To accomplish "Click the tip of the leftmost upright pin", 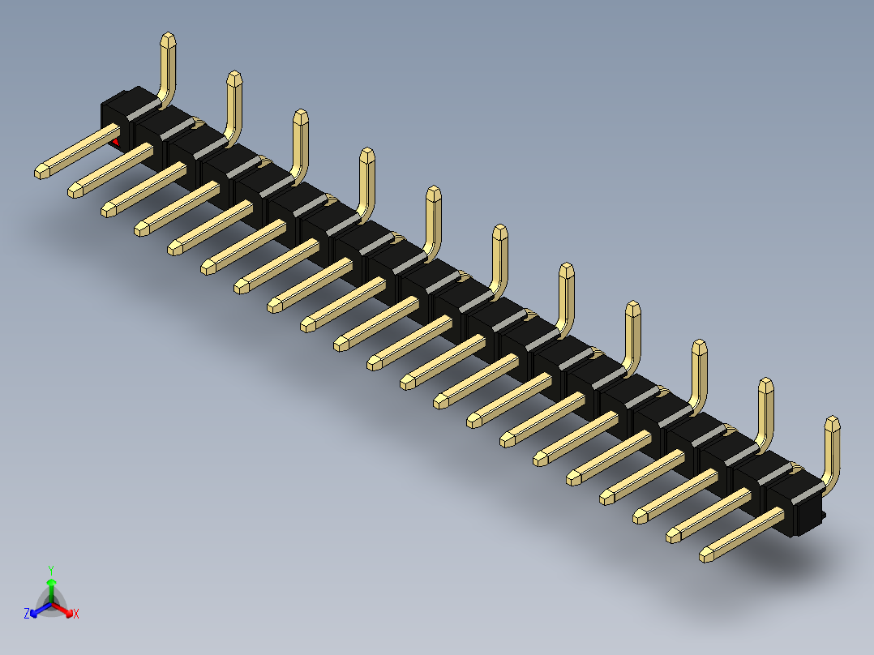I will click(x=168, y=39).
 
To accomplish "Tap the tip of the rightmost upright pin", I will click(x=832, y=422).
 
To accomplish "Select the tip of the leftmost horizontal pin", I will click(x=41, y=172).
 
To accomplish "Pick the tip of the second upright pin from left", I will click(x=234, y=78).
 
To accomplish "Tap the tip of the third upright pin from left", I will click(x=301, y=116).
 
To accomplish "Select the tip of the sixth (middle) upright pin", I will click(x=499, y=231).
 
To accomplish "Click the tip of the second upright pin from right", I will click(x=765, y=384).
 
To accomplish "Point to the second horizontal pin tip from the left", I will click(x=75, y=191).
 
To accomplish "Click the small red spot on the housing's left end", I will click(x=116, y=143).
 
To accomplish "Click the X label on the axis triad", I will click(x=76, y=614).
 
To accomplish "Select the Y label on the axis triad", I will click(x=51, y=570).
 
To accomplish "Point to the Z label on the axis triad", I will click(x=27, y=614).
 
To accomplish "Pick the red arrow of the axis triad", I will click(x=65, y=610).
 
